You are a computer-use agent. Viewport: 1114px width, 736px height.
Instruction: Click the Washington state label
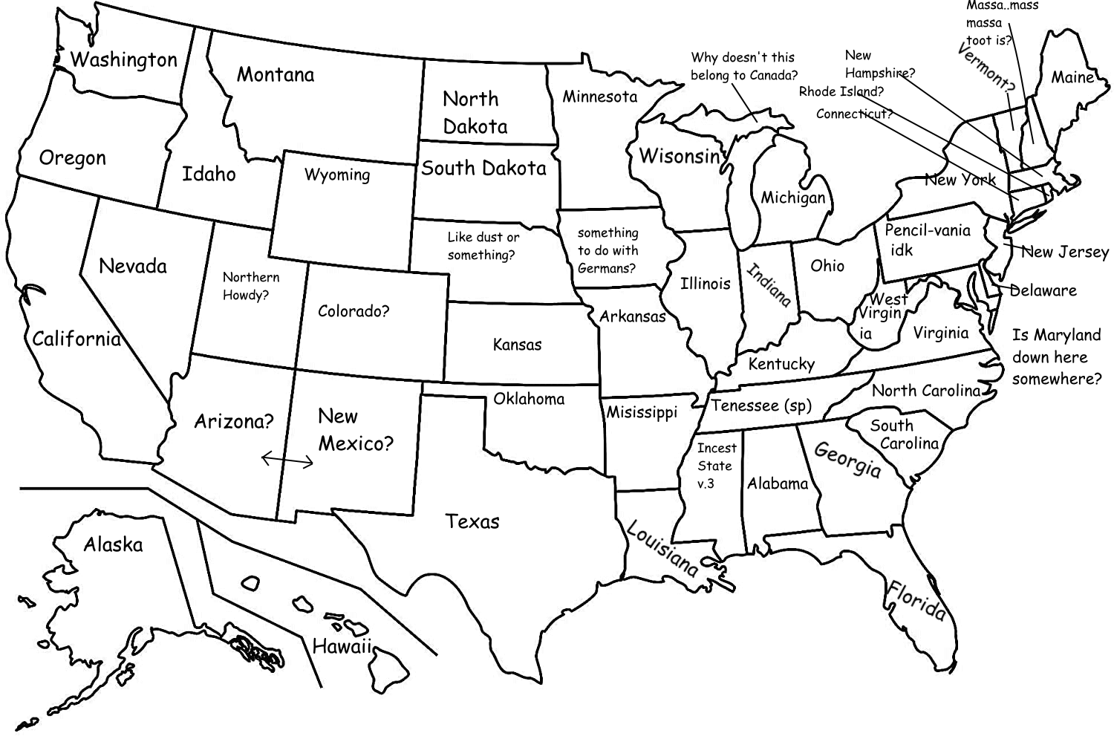click(x=124, y=59)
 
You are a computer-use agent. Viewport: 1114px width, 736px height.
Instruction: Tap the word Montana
click(x=276, y=74)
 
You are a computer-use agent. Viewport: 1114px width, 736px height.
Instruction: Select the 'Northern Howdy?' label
click(x=251, y=286)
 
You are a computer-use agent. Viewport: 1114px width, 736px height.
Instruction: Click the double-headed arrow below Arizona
click(x=287, y=461)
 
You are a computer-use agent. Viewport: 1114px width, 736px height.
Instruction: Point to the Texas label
click(x=472, y=521)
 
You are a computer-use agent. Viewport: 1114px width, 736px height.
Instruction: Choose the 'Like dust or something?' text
click(x=483, y=246)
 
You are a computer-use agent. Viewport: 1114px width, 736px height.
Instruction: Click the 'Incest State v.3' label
click(x=716, y=466)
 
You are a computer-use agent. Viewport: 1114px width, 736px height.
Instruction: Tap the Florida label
click(x=918, y=600)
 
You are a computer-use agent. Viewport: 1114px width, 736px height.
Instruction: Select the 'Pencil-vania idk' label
click(x=927, y=239)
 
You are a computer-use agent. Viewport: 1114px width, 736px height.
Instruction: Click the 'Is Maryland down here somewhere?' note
click(x=1056, y=356)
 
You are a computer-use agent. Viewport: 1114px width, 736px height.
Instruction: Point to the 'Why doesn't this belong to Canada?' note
click(x=743, y=66)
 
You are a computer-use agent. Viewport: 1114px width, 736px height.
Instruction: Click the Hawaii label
click(x=342, y=646)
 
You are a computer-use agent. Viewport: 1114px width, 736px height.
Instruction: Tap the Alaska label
click(x=113, y=544)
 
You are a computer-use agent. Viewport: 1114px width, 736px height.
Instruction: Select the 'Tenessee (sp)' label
click(x=761, y=406)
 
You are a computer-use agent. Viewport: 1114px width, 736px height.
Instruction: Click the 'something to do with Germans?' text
click(x=608, y=250)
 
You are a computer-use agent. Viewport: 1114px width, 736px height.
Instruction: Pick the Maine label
click(x=1072, y=77)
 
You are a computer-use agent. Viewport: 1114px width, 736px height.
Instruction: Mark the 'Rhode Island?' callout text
click(x=841, y=91)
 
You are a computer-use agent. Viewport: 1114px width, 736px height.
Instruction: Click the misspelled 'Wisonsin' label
click(x=680, y=156)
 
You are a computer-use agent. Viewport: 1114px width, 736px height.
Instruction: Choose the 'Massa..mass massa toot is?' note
click(x=1000, y=23)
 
